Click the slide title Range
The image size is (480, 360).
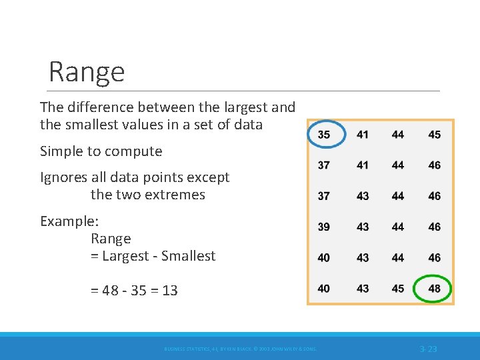click(87, 71)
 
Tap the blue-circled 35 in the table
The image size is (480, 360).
click(324, 135)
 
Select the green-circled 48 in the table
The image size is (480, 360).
click(434, 289)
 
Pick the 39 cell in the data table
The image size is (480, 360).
click(324, 227)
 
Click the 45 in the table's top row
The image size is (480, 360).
click(434, 135)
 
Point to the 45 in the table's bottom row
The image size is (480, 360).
click(398, 289)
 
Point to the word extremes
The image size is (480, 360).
click(175, 195)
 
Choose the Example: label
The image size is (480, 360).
click(69, 221)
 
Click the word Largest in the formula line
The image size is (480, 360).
click(126, 256)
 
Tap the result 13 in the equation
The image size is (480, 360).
click(169, 291)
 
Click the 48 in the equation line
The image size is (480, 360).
click(111, 291)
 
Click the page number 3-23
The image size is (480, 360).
click(428, 349)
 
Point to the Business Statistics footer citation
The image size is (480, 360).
click(240, 349)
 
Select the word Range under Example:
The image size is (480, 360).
click(111, 239)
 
